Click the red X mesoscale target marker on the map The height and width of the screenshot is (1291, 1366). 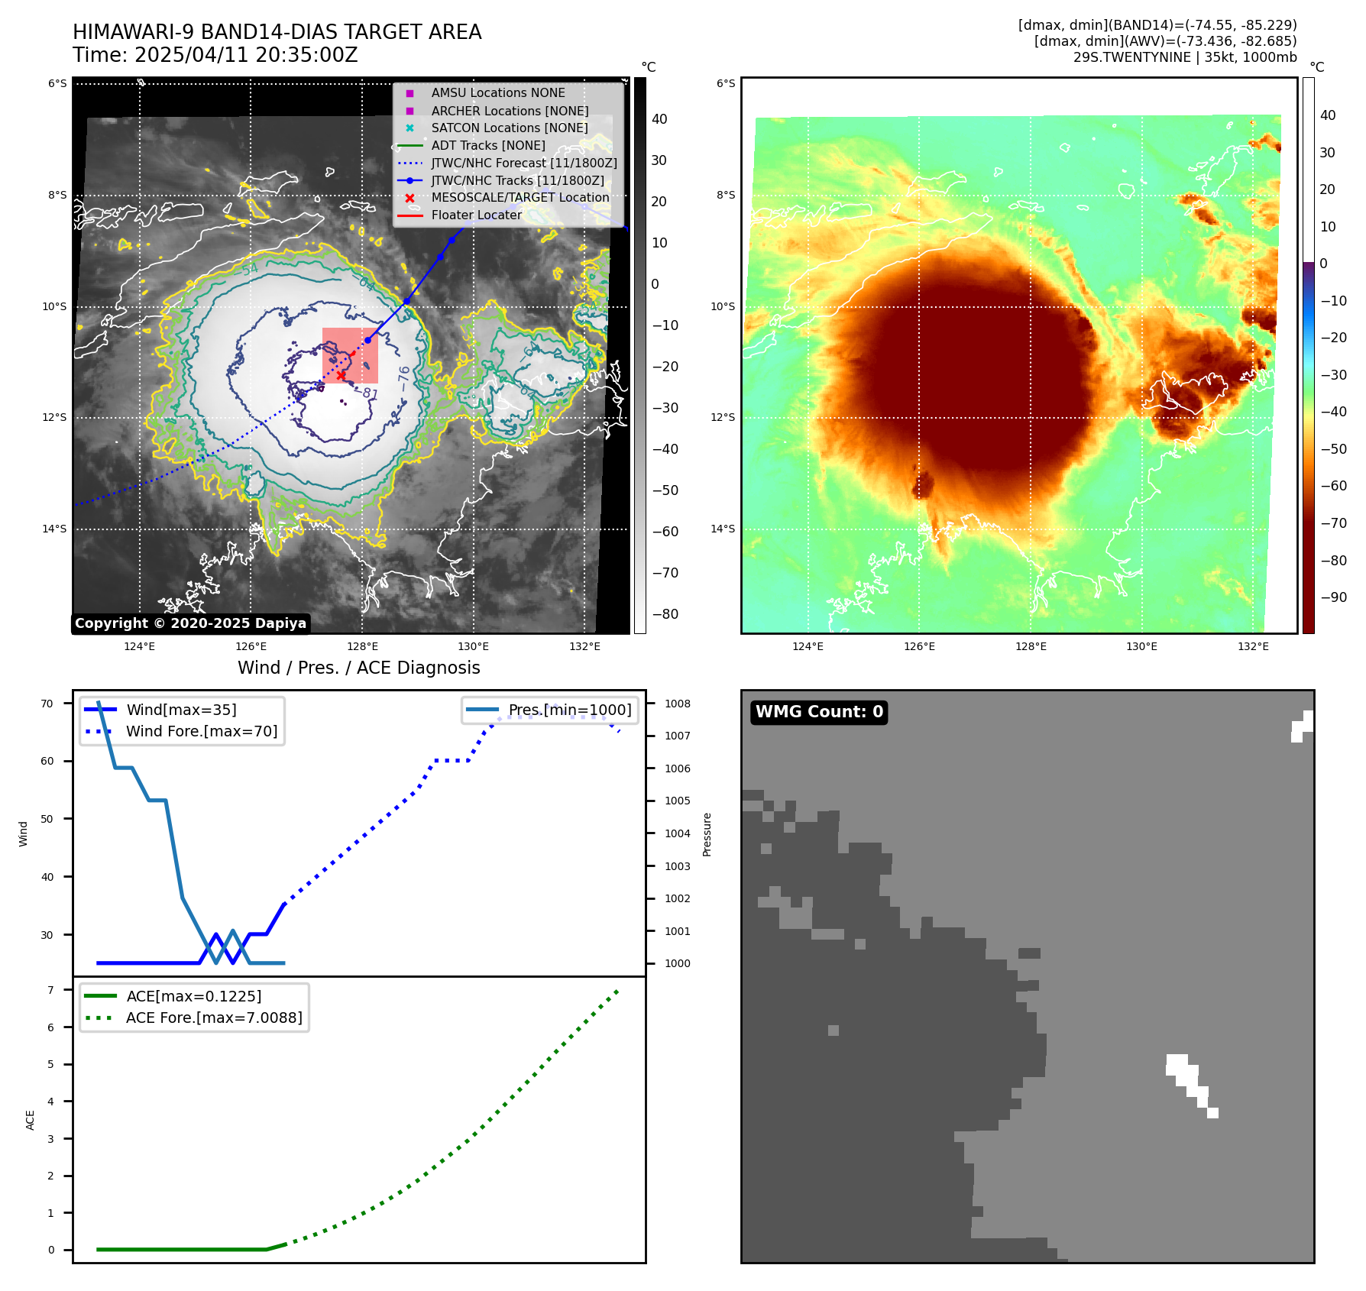(x=341, y=375)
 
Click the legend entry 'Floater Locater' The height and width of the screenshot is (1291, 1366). (x=476, y=215)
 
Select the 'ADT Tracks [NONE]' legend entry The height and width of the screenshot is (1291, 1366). (x=488, y=145)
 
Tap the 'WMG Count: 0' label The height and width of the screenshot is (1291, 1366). (x=819, y=712)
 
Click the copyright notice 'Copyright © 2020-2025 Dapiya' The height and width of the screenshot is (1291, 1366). (x=190, y=623)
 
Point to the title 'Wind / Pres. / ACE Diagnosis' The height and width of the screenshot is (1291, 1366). (x=358, y=668)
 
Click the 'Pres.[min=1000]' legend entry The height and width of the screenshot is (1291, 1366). (x=569, y=710)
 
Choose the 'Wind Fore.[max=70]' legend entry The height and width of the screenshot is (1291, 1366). (x=202, y=731)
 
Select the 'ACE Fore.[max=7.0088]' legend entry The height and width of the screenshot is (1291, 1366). (x=214, y=1018)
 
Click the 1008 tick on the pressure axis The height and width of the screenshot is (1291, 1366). (x=677, y=704)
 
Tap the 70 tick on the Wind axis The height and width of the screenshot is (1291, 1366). (x=47, y=704)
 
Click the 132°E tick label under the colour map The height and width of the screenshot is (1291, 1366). (x=1253, y=646)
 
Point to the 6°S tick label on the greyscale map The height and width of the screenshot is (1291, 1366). (x=57, y=83)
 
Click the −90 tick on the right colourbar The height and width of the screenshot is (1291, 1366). (x=1333, y=597)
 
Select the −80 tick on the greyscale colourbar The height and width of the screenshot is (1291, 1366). (x=665, y=614)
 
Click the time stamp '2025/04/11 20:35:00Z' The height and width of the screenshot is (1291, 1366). (x=246, y=55)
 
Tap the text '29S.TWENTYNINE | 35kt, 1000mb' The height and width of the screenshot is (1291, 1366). (x=1184, y=57)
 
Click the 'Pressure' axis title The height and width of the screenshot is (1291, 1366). (x=707, y=834)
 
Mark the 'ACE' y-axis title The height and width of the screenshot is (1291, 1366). (x=31, y=1120)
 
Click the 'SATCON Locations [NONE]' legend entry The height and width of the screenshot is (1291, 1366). (x=509, y=128)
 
